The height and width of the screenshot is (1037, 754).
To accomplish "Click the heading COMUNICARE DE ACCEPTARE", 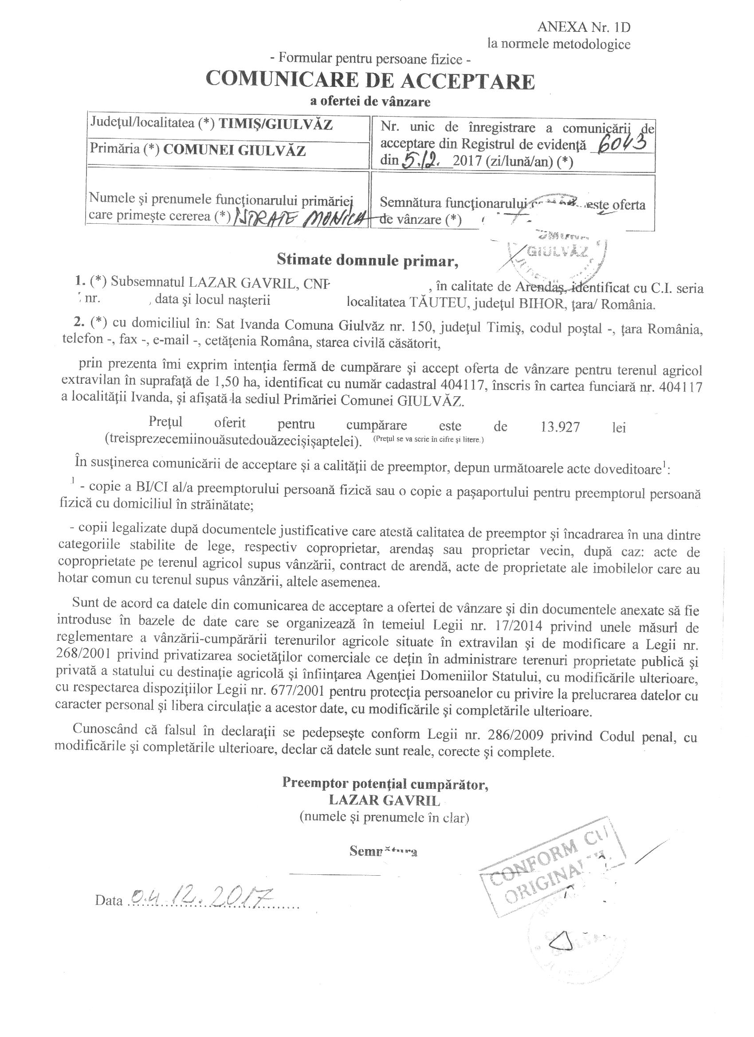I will [x=370, y=82].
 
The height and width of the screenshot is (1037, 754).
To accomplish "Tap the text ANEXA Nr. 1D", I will [x=584, y=27].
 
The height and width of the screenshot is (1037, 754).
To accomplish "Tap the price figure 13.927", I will [x=557, y=427].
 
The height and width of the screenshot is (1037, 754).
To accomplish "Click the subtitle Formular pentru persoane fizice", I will [x=370, y=58].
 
